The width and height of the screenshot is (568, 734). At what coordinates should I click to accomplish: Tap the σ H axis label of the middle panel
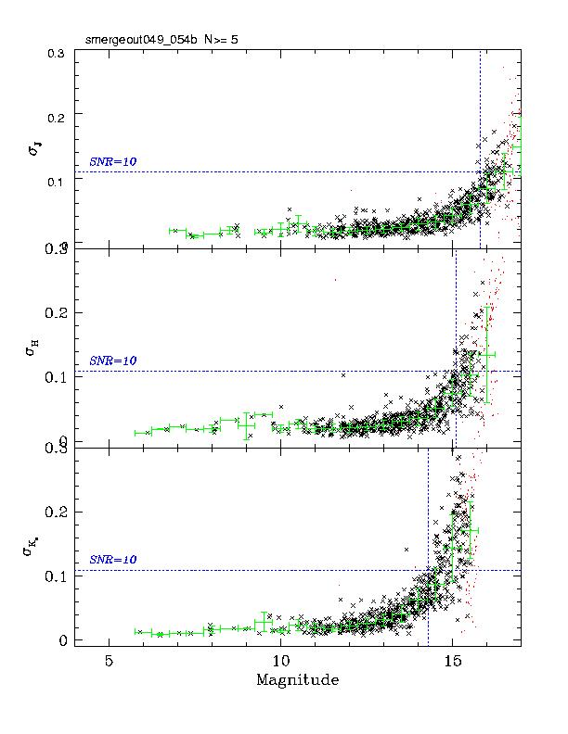click(34, 348)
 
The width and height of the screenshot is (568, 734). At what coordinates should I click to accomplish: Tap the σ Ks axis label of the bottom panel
click(34, 550)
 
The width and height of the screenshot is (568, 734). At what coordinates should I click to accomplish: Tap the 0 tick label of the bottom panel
click(63, 640)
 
